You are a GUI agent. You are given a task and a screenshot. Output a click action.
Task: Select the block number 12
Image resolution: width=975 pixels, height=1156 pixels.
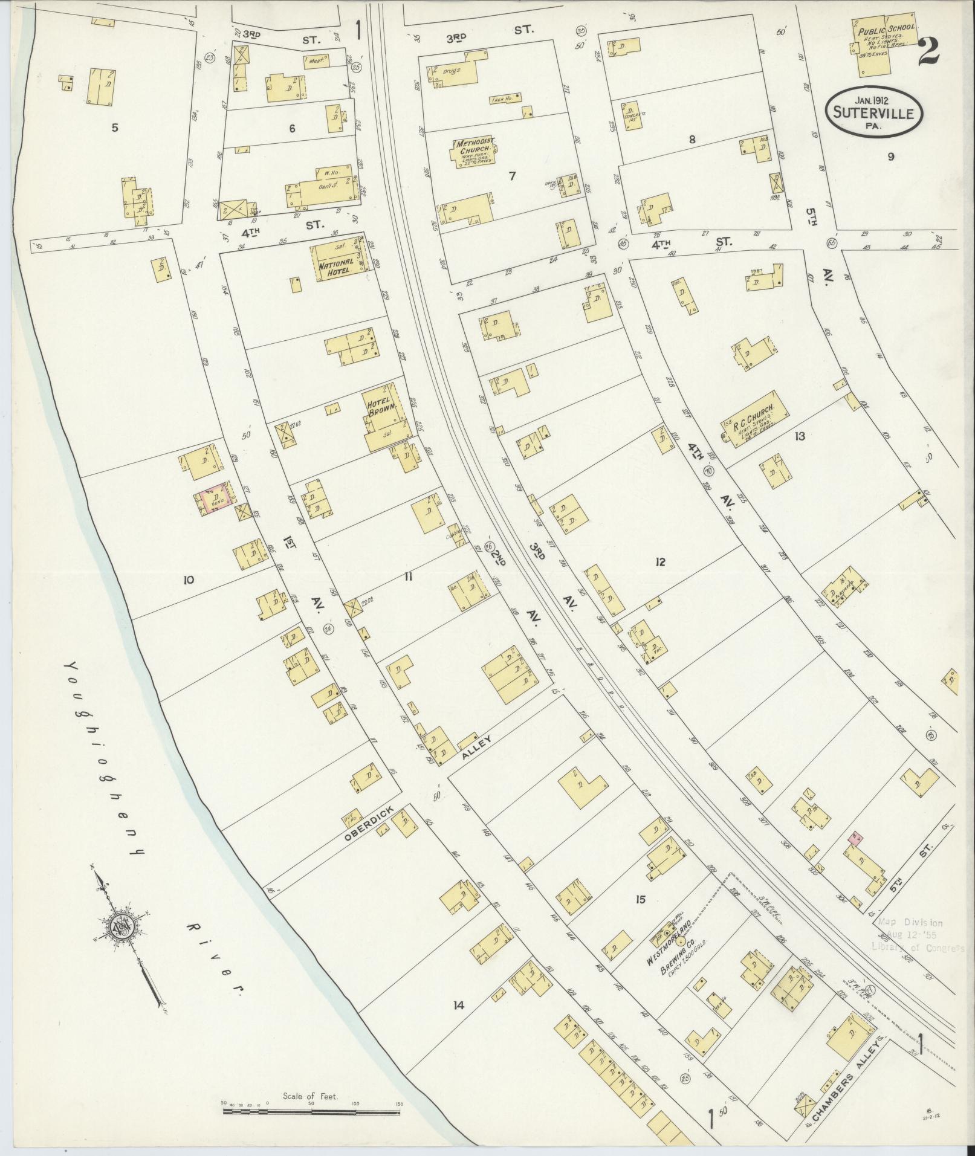(x=659, y=562)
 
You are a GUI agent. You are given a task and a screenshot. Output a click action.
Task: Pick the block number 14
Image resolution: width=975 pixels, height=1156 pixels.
(x=459, y=1006)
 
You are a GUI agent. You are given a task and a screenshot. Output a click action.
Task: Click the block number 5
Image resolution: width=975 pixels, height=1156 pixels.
(x=114, y=128)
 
